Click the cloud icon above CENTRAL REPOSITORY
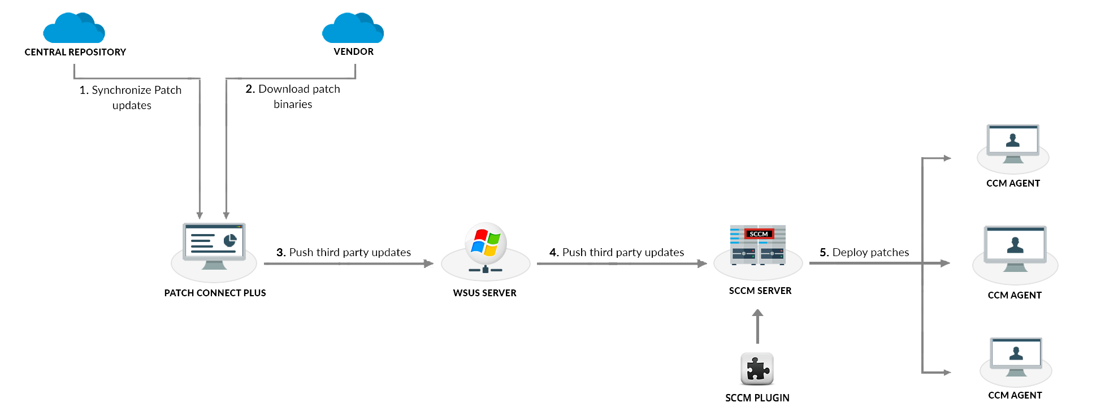coord(74,28)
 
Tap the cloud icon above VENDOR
coord(353,28)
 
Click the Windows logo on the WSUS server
coord(486,243)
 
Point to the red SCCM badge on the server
coord(759,234)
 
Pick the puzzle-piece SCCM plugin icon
coord(757,369)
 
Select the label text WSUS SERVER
coord(484,293)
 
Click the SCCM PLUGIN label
coord(757,398)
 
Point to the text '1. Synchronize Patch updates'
coord(131,97)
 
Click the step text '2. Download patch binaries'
coord(293,96)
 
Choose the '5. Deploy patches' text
coord(864,252)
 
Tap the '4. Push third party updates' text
coord(617,252)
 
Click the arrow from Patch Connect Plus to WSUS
coord(348,263)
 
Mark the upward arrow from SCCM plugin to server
coord(758,326)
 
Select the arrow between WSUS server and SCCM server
coord(621,263)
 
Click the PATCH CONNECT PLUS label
coord(215,293)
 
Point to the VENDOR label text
coord(353,51)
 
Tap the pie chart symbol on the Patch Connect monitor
coord(229,240)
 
